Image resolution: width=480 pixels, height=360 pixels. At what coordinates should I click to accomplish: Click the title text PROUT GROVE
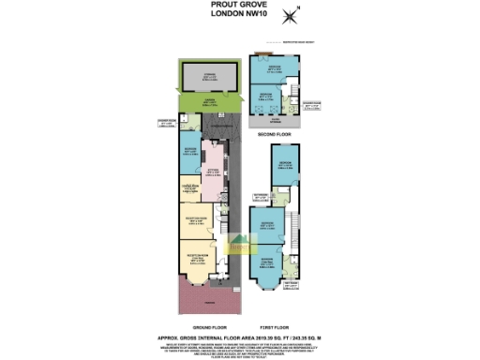point(239,6)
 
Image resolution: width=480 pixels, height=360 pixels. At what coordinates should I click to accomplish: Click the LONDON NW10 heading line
point(239,14)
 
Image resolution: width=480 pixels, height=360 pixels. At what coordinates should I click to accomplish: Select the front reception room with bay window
point(199,262)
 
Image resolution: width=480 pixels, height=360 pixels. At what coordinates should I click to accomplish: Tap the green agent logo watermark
point(242,246)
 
